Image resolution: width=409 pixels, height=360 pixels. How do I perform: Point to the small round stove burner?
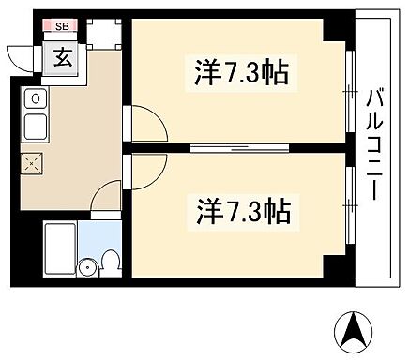34,97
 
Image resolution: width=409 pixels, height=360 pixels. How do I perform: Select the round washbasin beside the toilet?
89,265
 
